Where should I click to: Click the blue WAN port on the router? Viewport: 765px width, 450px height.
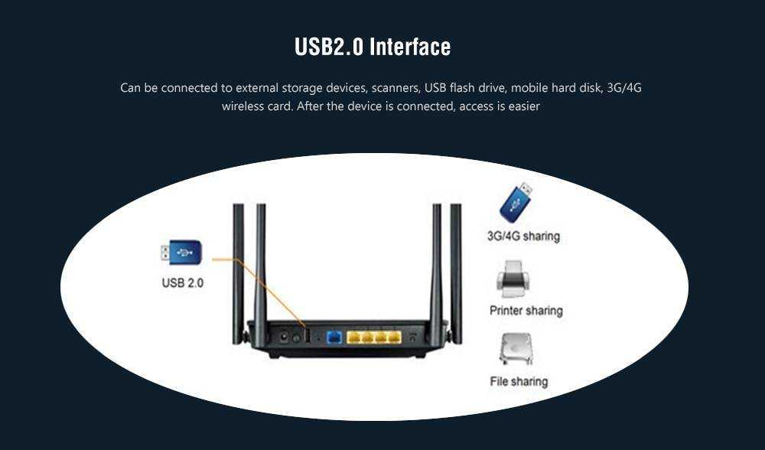(334, 337)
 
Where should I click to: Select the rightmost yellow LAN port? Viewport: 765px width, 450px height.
(394, 337)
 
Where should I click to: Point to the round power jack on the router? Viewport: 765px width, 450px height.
(284, 336)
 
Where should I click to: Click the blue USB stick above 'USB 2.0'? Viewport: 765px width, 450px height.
(181, 252)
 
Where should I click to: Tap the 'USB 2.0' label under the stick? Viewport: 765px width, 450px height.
(183, 282)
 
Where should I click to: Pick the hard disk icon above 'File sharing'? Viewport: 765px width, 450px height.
(514, 349)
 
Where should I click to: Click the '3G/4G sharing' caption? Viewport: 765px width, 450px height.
(523, 236)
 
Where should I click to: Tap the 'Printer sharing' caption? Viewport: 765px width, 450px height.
(526, 311)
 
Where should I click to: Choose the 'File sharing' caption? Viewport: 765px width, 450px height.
(519, 381)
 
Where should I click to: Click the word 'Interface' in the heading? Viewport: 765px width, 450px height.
(410, 47)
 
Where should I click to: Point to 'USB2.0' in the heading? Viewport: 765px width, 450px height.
(329, 47)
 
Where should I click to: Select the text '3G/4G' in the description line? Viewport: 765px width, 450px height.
(623, 88)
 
